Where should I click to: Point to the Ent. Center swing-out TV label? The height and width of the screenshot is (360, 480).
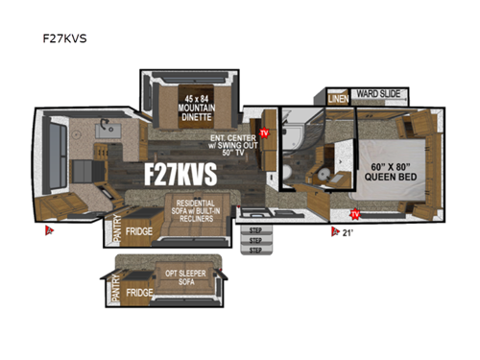[x=229, y=145]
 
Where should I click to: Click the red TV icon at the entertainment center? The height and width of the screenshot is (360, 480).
[x=264, y=132]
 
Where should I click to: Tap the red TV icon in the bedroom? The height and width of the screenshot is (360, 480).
[x=355, y=213]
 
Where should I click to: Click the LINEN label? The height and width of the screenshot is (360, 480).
[x=337, y=98]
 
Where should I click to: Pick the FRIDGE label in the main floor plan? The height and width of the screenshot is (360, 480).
[x=140, y=229]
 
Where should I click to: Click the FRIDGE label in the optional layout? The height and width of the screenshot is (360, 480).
[x=140, y=292]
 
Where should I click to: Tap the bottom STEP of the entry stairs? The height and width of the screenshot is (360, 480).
[x=255, y=250]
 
